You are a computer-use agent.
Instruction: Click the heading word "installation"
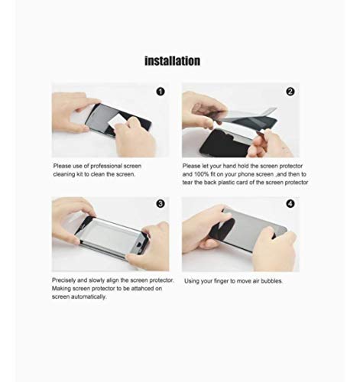click(x=173, y=60)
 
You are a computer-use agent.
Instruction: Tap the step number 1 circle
click(x=161, y=92)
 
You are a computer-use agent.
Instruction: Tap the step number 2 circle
click(x=290, y=92)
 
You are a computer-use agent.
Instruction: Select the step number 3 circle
click(x=161, y=205)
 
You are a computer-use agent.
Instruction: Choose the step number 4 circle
click(x=290, y=205)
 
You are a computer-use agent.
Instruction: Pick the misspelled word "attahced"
click(x=147, y=288)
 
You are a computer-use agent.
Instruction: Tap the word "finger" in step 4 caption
click(x=222, y=281)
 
